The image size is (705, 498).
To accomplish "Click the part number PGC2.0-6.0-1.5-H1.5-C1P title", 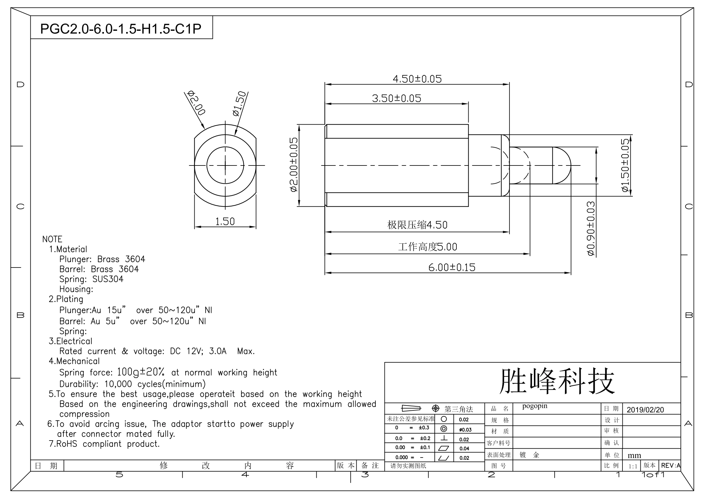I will (x=121, y=29).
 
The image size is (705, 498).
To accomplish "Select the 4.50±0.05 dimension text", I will (x=417, y=79).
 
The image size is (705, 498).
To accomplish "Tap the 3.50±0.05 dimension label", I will (x=396, y=99).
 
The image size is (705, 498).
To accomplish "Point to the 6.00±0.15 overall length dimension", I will (x=452, y=268).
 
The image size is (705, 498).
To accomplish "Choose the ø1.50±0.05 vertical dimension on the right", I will (x=625, y=165).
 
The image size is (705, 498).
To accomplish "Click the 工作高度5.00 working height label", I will (x=428, y=247).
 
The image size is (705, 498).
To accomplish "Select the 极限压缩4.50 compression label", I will (x=417, y=225).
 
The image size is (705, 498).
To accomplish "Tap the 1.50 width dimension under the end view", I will (x=225, y=222).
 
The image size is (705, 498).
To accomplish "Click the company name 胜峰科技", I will (x=557, y=382).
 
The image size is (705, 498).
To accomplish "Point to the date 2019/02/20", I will (x=645, y=410).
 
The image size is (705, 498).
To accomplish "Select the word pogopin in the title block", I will (x=535, y=406).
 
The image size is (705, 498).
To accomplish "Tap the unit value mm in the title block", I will (x=634, y=455).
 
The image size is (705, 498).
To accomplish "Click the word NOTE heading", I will (x=52, y=239).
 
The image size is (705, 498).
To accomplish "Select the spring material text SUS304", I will (x=108, y=279).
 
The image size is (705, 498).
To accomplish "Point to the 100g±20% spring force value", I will (x=141, y=372).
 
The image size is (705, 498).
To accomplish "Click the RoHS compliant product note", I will (x=104, y=444).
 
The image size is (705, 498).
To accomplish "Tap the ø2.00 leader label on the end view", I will (x=196, y=103).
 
